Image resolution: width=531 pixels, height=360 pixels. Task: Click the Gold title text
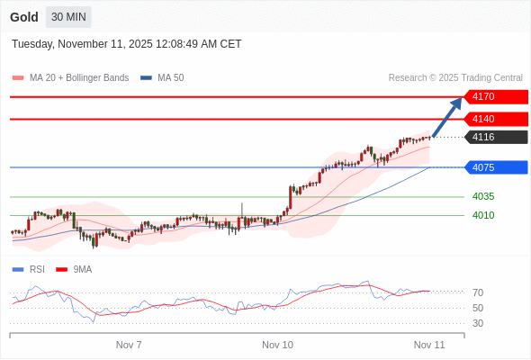click(23, 17)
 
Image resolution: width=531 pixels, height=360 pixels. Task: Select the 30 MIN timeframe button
click(68, 17)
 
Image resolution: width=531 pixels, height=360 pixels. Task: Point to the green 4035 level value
click(483, 196)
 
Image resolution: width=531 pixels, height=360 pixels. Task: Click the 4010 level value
click(483, 215)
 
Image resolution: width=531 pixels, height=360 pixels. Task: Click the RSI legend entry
click(36, 269)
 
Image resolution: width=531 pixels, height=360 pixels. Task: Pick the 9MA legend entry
click(82, 269)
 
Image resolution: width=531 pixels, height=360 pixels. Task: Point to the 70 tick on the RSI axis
click(477, 292)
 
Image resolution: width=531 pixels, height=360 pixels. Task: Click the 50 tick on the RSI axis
click(477, 308)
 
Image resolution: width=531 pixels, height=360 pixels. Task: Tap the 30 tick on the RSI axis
click(477, 323)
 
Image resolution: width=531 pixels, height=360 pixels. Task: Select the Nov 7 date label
click(129, 345)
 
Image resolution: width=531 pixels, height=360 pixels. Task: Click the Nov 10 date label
click(277, 345)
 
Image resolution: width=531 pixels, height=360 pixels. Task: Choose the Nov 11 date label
click(429, 345)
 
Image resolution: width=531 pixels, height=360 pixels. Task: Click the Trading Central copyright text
click(455, 78)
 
